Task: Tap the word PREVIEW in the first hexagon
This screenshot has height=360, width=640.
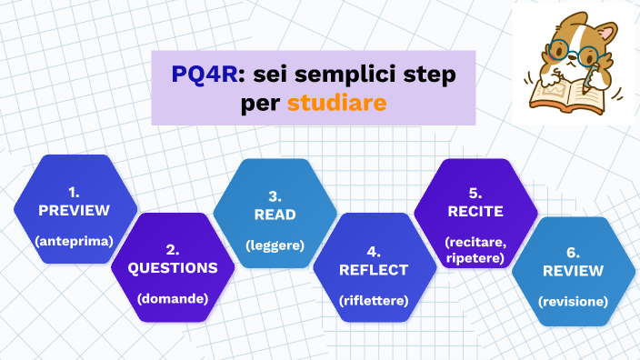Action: coord(74,210)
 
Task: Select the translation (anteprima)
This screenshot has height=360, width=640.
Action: coord(74,242)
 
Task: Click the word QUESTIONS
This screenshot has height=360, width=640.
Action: coord(173,268)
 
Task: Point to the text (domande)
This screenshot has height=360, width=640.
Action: coord(173,298)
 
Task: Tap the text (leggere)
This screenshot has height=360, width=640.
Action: coord(275,245)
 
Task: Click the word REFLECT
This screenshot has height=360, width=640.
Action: coord(374,270)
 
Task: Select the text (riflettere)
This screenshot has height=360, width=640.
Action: coord(374,300)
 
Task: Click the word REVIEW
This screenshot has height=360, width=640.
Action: coord(573,271)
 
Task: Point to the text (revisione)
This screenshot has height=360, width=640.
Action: coord(573,301)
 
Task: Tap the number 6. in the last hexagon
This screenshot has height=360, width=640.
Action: coord(573,252)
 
